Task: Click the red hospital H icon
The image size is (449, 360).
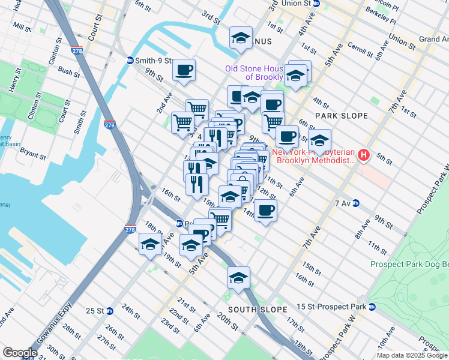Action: tap(363, 156)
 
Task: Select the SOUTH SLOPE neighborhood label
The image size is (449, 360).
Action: tap(258, 309)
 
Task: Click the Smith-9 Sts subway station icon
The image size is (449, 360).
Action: tap(130, 61)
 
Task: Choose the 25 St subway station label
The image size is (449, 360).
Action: tap(95, 311)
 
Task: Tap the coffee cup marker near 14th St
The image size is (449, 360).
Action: tap(265, 210)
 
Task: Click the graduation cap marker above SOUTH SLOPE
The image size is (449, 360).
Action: tap(238, 278)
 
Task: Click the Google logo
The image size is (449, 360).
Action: tap(20, 353)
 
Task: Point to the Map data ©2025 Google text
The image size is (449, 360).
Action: tap(412, 355)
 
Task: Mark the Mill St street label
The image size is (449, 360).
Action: tap(22, 28)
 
